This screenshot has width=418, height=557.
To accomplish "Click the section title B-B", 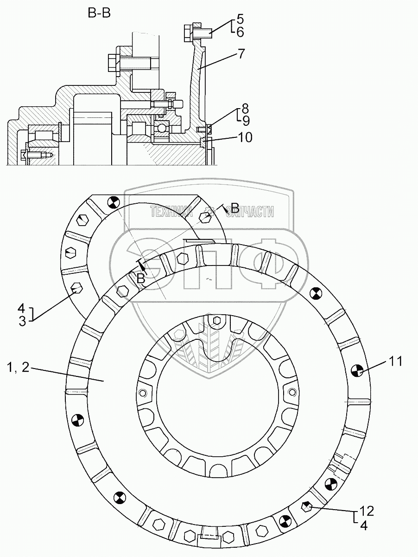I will pyautogui.click(x=99, y=14).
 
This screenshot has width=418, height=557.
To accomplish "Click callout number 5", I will pyautogui.click(x=240, y=19).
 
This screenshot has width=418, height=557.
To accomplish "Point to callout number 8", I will pyautogui.click(x=245, y=110).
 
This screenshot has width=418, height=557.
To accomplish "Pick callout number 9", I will pyautogui.click(x=245, y=121).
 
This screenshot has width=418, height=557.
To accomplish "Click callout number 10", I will pyautogui.click(x=245, y=137).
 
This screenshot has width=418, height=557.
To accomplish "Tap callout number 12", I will pyautogui.click(x=367, y=512).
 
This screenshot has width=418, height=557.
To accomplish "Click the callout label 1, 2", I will pyautogui.click(x=19, y=368).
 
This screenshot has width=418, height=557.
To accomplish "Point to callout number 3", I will pyautogui.click(x=22, y=321).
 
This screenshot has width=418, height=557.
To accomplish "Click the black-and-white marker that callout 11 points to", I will pyautogui.click(x=357, y=370).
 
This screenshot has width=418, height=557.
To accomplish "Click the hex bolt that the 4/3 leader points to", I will pyautogui.click(x=76, y=290).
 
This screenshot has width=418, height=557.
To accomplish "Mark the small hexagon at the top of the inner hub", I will pyautogui.click(x=216, y=320).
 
